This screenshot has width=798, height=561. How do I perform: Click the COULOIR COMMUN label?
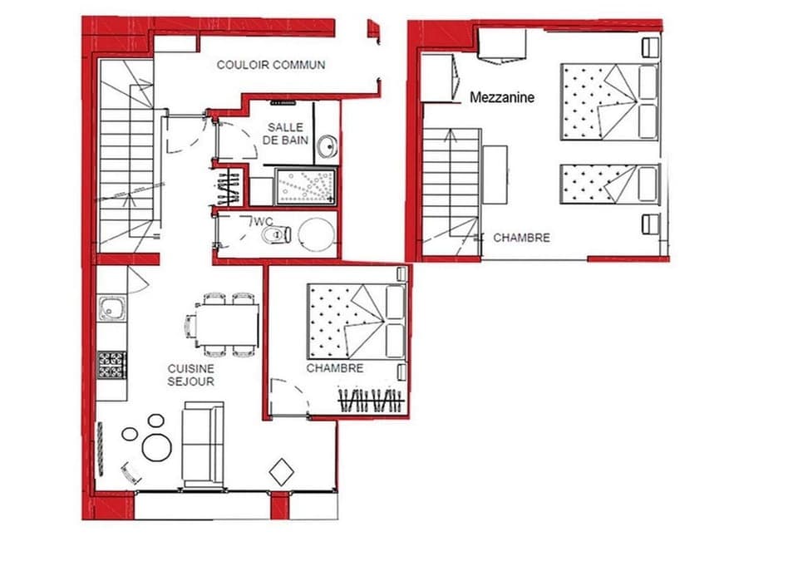coord(271,65)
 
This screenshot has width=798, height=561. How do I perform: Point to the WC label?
coord(264,221)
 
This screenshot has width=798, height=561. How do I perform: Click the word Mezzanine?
coord(502,97)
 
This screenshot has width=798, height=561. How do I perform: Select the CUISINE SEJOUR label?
coord(190,375)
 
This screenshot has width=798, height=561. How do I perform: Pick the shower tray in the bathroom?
coord(306,185)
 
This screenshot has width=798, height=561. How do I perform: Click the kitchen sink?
coord(111,310)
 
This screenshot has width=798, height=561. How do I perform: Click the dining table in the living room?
coord(227,324)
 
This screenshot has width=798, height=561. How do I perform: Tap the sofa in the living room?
coord(203,445)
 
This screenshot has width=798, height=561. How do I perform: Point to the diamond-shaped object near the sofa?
coord(282,472)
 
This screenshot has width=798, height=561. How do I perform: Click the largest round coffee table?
coord(156,447)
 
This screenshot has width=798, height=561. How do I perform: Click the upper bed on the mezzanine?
coord(610,101)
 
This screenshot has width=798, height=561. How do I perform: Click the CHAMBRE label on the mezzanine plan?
coord(521,238)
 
